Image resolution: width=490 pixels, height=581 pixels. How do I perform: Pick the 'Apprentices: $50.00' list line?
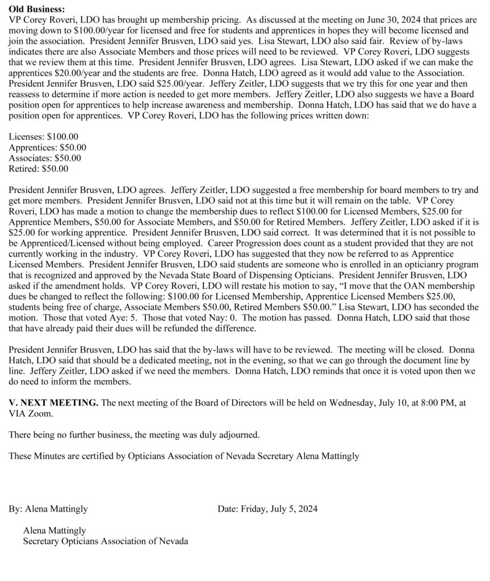(48, 147)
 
